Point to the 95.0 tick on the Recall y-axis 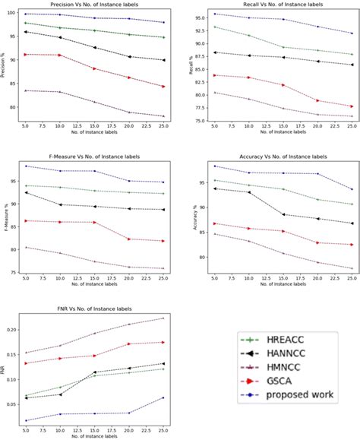pyautogui.click(x=200, y=17)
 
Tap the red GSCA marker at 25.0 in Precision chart pyautogui.click(x=163, y=87)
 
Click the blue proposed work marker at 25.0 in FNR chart pyautogui.click(x=163, y=397)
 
